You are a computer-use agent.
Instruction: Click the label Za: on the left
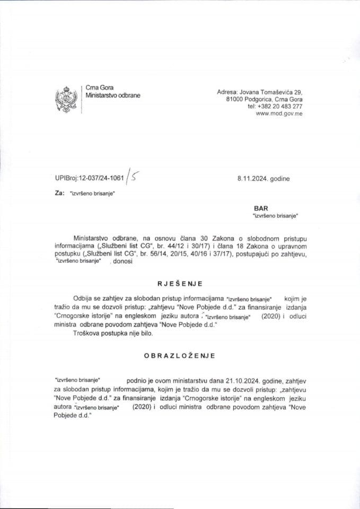pyautogui.click(x=59, y=194)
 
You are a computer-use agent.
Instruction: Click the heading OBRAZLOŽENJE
pyautogui.click(x=180, y=356)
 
